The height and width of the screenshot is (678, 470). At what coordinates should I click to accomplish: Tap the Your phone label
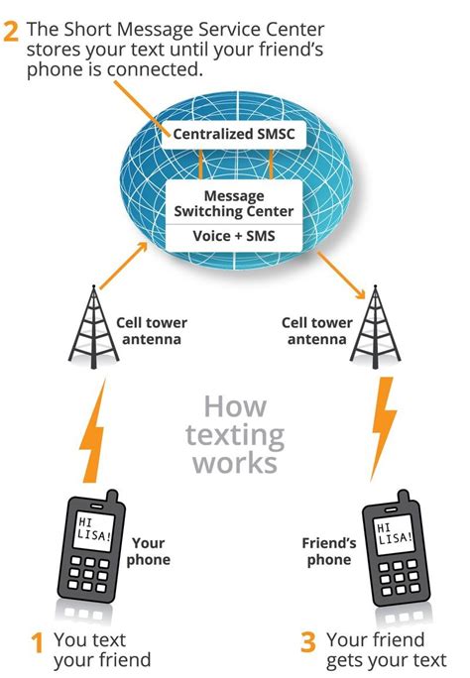(x=149, y=551)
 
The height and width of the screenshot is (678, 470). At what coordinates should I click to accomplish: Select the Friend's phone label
(x=328, y=551)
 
